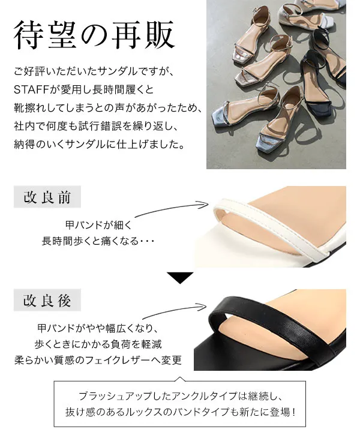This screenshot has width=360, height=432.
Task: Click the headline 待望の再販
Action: pos(94,35)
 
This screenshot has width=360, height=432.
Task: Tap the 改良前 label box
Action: pos(47,197)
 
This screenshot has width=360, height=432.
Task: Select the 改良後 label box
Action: pos(47,300)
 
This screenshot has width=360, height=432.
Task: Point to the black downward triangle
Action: pos(180,278)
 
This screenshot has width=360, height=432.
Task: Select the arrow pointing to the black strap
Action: pos(174,310)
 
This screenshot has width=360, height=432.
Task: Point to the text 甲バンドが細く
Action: pos(98,225)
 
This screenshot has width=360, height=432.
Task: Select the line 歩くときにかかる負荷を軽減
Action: pos(98,344)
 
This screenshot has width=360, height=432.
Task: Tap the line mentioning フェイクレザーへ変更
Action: pos(98,360)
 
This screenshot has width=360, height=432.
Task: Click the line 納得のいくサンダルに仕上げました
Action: pos(99,145)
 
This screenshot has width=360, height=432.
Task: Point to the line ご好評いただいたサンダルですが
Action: pos(94,71)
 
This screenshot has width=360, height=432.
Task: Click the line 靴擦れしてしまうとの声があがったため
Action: pos(108,108)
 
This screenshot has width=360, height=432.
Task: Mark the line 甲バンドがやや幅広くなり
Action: pos(98,328)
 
